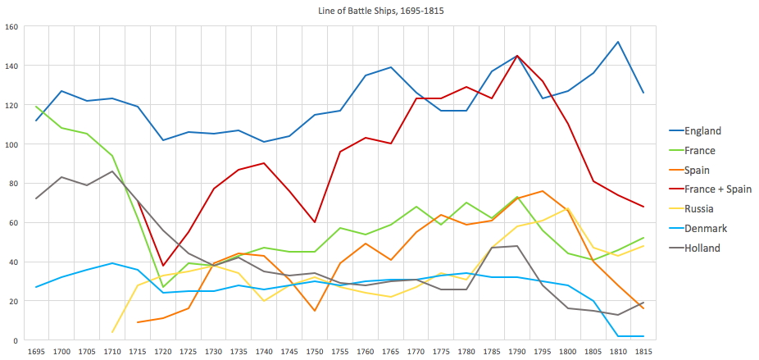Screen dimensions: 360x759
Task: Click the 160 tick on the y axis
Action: [x=11, y=26]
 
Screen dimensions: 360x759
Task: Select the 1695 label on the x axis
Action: [x=35, y=351]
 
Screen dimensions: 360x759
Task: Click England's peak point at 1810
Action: [x=617, y=42]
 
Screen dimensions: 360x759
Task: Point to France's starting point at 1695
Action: [x=35, y=107]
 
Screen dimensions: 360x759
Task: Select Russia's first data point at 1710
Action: [x=111, y=332]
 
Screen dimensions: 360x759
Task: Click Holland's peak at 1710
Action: [x=111, y=171]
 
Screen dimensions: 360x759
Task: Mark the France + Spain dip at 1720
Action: [x=162, y=266]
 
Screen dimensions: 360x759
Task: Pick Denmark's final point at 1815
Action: [x=643, y=336]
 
